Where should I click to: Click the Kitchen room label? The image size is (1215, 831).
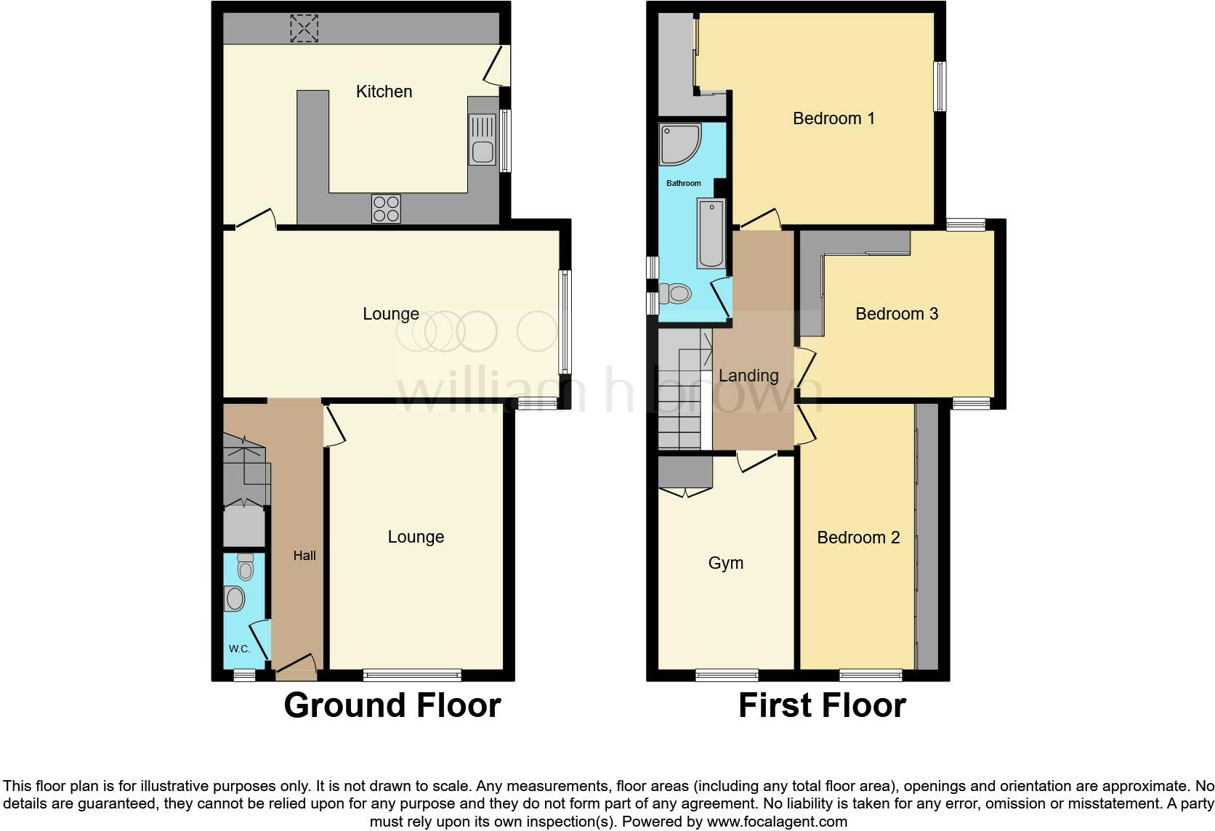[384, 92]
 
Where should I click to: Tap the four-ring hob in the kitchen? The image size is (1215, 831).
[386, 208]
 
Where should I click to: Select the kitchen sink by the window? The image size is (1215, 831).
[482, 141]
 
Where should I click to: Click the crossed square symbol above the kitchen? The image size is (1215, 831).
[304, 28]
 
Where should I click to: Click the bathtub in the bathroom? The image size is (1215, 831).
[711, 233]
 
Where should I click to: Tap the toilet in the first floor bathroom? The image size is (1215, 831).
[677, 293]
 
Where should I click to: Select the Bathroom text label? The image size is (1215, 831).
[684, 183]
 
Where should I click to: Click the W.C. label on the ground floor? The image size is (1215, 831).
[239, 649]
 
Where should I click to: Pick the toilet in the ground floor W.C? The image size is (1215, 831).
[246, 567]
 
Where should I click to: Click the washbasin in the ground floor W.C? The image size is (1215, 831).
[235, 599]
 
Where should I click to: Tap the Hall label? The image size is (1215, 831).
[304, 556]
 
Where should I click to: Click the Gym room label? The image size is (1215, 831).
[725, 563]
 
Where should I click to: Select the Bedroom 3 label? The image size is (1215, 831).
[896, 314]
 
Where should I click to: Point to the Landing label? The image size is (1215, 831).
[748, 376]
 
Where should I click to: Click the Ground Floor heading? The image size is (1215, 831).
[392, 705]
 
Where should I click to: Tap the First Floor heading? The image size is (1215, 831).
[822, 705]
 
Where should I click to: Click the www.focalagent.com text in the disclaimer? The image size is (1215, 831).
[776, 822]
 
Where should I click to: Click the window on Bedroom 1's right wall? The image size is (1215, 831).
[940, 86]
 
